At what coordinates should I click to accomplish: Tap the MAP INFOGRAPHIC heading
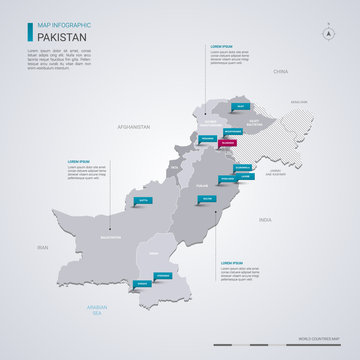[56, 24]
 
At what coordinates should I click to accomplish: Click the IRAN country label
[43, 246]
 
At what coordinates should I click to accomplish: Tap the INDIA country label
[265, 218]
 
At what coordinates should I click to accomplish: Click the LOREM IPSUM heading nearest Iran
[83, 161]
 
